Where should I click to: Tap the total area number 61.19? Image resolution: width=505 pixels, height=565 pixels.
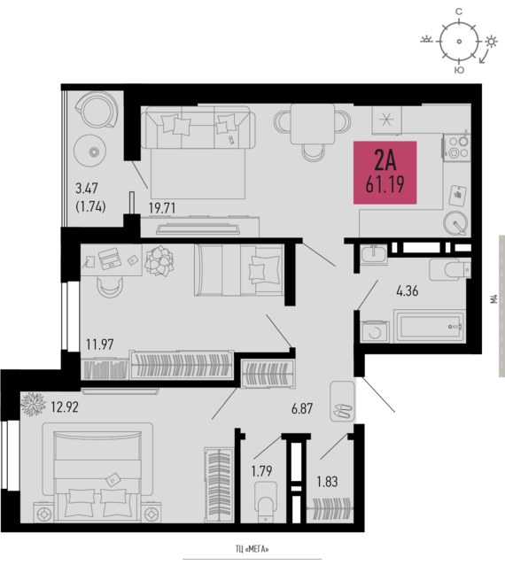[x=385, y=185]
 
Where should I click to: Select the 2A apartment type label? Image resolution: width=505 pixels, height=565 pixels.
[x=385, y=161]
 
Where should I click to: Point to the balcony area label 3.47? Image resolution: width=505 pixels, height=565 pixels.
[x=88, y=188]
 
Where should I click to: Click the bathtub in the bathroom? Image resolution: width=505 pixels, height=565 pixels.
[x=429, y=327]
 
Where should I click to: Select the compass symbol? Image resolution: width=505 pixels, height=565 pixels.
[x=458, y=38]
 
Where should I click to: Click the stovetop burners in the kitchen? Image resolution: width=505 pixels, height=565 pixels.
[x=456, y=145]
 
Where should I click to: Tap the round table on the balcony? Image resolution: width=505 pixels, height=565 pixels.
[x=89, y=150]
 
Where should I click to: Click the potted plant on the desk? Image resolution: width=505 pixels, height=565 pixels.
[x=160, y=259]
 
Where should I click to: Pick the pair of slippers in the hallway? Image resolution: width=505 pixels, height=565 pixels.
[x=342, y=409]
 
